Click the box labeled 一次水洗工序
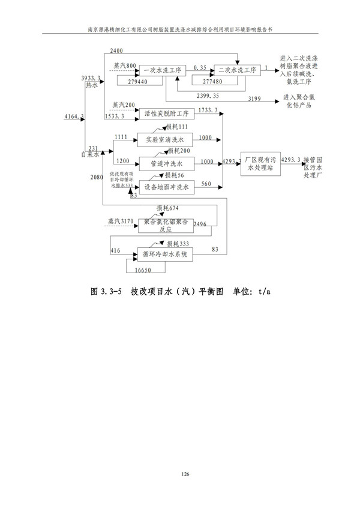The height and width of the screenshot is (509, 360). (162, 70)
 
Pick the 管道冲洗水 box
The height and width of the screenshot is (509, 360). (164, 163)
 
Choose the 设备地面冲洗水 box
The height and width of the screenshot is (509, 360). (164, 187)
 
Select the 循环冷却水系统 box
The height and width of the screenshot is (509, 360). (165, 254)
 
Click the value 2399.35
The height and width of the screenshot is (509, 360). (208, 95)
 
